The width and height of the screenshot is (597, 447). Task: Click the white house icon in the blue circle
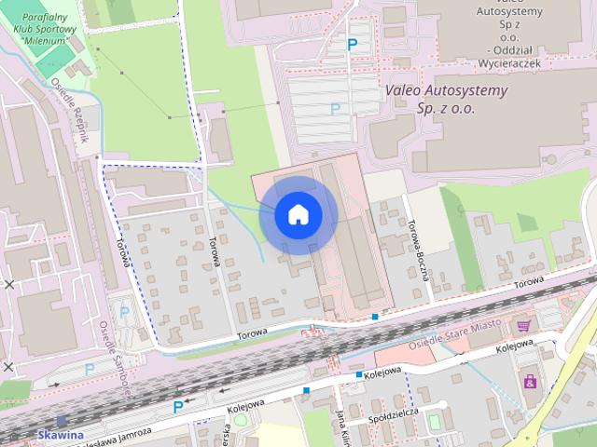click(x=298, y=214)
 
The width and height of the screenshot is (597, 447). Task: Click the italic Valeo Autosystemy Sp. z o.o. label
click(x=446, y=99)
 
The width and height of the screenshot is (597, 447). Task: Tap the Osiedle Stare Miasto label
click(x=455, y=334)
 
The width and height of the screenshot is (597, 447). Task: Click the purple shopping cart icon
click(x=524, y=325)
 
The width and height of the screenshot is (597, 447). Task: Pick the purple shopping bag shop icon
click(x=531, y=380)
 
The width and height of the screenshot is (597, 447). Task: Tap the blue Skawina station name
click(x=60, y=435)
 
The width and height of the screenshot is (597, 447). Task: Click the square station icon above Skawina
click(x=62, y=421)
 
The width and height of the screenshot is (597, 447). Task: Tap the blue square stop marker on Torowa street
click(x=374, y=317)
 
